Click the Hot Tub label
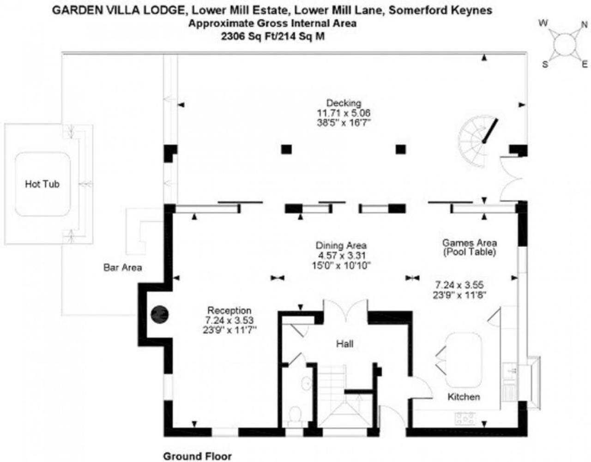(x=42, y=184)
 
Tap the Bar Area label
(x=123, y=268)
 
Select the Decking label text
(x=344, y=103)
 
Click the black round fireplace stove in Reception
(x=160, y=314)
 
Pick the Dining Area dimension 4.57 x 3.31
(x=342, y=255)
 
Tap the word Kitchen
(x=464, y=397)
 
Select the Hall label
(x=345, y=344)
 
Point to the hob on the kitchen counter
(x=465, y=418)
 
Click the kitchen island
(x=464, y=360)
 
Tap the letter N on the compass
(x=585, y=25)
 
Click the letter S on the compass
(x=545, y=65)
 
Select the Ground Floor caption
(x=198, y=456)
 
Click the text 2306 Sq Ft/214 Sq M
(x=273, y=36)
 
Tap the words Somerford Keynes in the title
(x=440, y=10)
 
